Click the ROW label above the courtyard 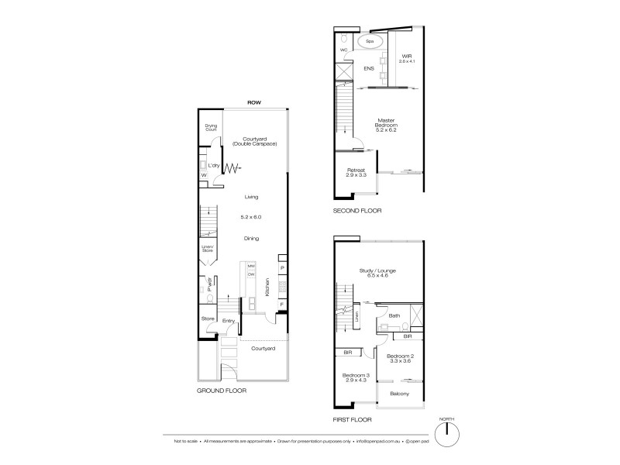(253, 102)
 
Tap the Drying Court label (211, 127)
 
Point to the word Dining (250, 239)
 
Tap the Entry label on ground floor (229, 321)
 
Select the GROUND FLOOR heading (222, 391)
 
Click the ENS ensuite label (369, 69)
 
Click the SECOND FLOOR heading (359, 211)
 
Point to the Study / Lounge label (379, 273)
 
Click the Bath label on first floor (394, 316)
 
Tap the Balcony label (399, 394)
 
